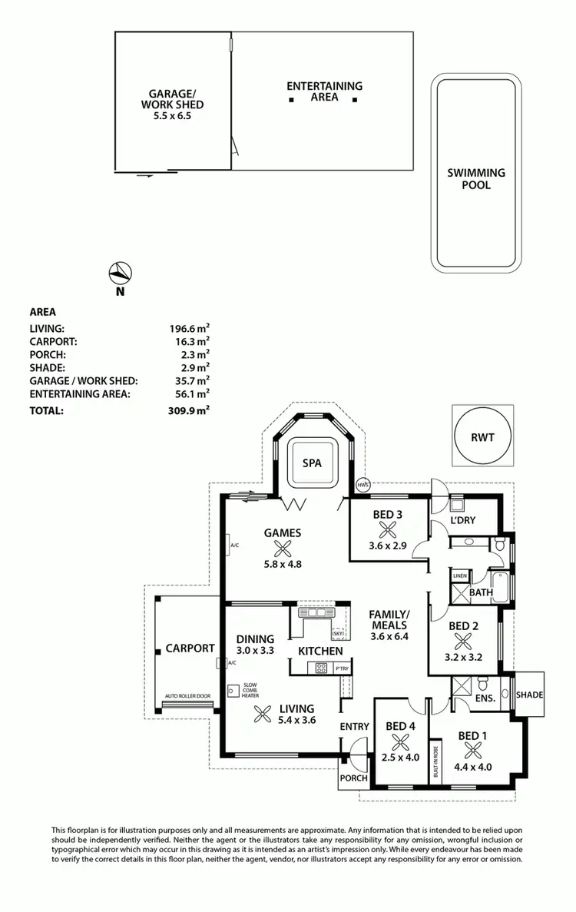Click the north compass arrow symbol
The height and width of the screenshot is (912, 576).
click(121, 272)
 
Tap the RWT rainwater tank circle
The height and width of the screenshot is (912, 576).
click(482, 437)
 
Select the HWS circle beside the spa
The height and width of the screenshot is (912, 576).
click(363, 485)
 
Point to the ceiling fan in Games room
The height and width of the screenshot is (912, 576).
click(283, 548)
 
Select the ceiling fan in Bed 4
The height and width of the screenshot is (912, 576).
click(400, 742)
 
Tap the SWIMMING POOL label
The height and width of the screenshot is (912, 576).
click(476, 179)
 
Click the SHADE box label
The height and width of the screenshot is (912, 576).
click(529, 695)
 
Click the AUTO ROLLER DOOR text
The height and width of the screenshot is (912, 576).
click(187, 697)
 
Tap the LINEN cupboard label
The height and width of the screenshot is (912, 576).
click(459, 575)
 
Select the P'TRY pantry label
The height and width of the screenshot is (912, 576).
click(342, 669)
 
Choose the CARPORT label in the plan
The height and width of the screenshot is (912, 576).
click(190, 648)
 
